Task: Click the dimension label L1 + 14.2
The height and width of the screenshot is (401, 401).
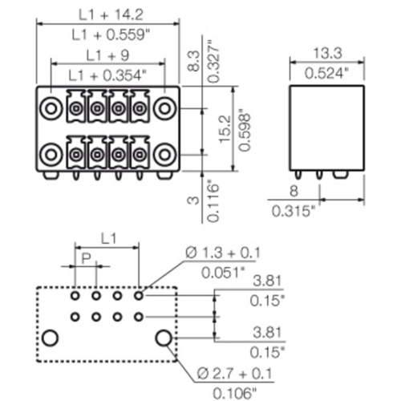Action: click(111, 14)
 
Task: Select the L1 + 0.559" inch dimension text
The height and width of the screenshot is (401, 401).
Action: click(111, 34)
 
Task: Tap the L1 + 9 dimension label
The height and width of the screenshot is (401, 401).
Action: click(107, 55)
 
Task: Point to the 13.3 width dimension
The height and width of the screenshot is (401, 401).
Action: click(327, 53)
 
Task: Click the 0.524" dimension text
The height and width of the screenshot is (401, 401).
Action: click(327, 73)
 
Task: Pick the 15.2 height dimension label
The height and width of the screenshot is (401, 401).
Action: click(225, 129)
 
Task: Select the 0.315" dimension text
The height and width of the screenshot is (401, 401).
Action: click(294, 211)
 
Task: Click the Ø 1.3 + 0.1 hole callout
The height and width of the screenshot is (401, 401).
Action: click(223, 253)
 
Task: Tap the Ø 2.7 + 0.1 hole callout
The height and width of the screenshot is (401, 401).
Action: click(234, 374)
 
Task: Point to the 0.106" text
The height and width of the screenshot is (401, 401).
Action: click(235, 394)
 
